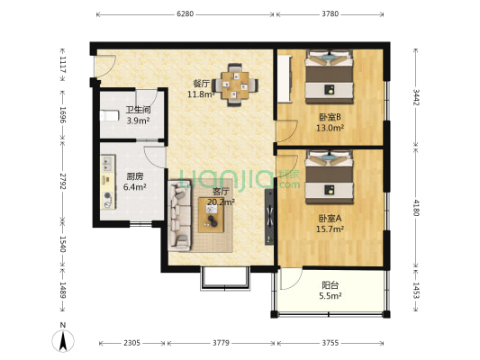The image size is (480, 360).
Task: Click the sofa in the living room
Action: [x=180, y=220]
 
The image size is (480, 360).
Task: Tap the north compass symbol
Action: [x=62, y=340]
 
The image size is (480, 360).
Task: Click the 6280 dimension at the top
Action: [x=185, y=14]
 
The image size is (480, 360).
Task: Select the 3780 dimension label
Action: [x=331, y=14]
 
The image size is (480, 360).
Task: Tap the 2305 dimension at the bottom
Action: [x=131, y=343]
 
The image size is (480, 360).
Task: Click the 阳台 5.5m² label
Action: [x=331, y=290]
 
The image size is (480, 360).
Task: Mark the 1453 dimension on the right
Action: [x=415, y=290]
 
